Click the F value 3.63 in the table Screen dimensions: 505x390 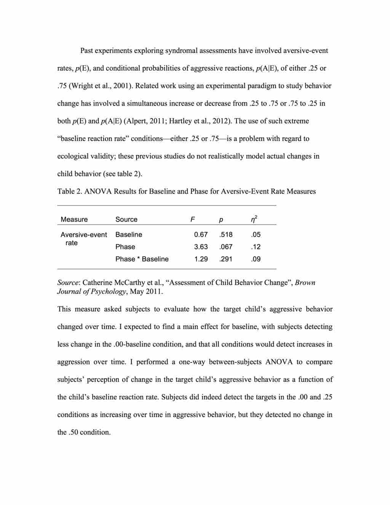click(201, 247)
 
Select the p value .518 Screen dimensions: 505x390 click(226, 234)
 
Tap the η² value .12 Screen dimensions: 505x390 click(256, 247)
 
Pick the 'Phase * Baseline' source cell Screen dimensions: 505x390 click(142, 259)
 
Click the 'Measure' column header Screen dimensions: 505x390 click(74, 219)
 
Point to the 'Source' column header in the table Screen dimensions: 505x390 click(126, 219)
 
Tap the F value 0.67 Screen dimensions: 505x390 click(201, 234)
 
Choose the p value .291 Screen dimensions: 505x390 click(226, 259)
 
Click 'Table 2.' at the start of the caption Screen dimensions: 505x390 click(70, 191)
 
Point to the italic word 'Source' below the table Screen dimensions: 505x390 click(67, 282)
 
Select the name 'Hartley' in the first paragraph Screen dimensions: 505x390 click(181, 121)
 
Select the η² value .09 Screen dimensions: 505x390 click(256, 259)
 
